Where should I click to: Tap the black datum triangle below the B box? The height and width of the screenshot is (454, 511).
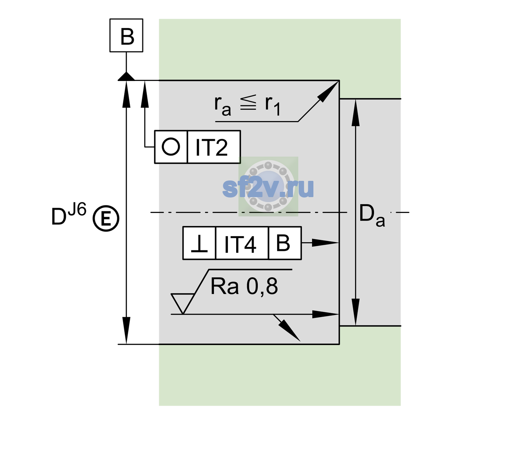point(126,77)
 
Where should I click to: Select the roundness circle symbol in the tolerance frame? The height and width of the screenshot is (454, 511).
point(171,147)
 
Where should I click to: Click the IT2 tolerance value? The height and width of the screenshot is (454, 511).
point(211,148)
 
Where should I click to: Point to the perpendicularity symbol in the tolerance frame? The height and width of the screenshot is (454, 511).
point(199,244)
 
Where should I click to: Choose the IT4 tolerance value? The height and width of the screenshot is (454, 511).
point(240,244)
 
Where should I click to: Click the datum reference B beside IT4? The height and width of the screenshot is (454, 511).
point(283,243)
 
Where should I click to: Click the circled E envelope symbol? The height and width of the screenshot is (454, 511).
point(106,219)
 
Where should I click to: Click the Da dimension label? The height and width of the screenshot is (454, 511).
point(372,215)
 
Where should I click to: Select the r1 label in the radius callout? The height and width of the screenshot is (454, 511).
point(273,106)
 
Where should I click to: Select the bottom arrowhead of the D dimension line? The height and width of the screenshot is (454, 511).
point(126,330)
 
